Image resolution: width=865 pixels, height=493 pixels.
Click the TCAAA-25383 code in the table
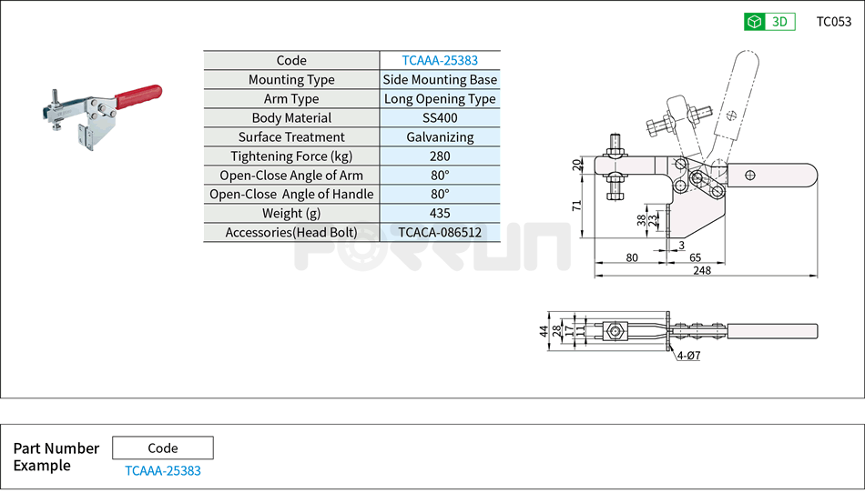(x=440, y=61)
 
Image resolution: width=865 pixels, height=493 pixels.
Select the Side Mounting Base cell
(x=440, y=80)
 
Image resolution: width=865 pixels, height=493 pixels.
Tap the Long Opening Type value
(x=440, y=99)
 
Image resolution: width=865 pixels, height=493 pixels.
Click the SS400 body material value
(x=440, y=118)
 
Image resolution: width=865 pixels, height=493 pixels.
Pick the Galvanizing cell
(x=440, y=137)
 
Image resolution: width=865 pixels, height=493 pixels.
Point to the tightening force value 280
(x=440, y=156)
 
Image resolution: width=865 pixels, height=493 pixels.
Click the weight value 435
(x=440, y=213)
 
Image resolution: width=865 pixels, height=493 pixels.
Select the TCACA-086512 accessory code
(x=440, y=232)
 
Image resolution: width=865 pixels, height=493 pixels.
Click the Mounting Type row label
(x=291, y=80)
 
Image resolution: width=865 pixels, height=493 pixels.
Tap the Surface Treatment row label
(x=291, y=137)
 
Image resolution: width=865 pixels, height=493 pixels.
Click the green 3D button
(x=769, y=22)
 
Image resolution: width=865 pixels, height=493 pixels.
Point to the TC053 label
(x=833, y=22)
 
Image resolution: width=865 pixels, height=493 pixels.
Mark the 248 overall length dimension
(x=701, y=270)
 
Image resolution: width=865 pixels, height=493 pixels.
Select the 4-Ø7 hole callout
(x=689, y=356)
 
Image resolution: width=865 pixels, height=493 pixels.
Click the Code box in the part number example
(x=163, y=448)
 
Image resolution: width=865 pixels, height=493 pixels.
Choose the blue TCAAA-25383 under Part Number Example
(x=163, y=470)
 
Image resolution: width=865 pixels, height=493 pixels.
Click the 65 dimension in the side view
(x=695, y=257)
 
